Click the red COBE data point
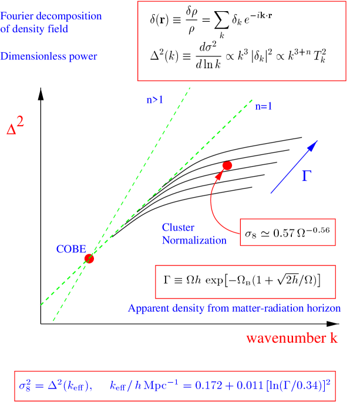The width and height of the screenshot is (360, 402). (x=89, y=258)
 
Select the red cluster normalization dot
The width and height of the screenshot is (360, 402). (x=227, y=165)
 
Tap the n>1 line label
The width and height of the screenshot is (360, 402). (x=154, y=100)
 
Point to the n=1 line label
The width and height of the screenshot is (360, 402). (x=264, y=107)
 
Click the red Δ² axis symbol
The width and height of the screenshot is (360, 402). (x=15, y=127)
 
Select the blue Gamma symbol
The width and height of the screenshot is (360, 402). (x=305, y=176)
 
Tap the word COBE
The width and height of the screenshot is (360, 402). (x=71, y=249)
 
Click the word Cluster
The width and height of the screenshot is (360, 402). (x=178, y=227)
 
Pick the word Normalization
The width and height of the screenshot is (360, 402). (x=194, y=240)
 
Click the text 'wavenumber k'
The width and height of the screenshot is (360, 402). (x=292, y=339)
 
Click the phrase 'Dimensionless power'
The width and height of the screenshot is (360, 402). (x=49, y=56)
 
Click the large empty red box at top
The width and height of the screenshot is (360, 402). (x=241, y=41)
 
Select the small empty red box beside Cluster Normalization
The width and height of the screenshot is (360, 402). (x=287, y=232)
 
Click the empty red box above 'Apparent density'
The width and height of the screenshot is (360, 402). (x=245, y=282)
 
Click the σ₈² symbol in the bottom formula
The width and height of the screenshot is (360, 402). (x=27, y=386)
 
